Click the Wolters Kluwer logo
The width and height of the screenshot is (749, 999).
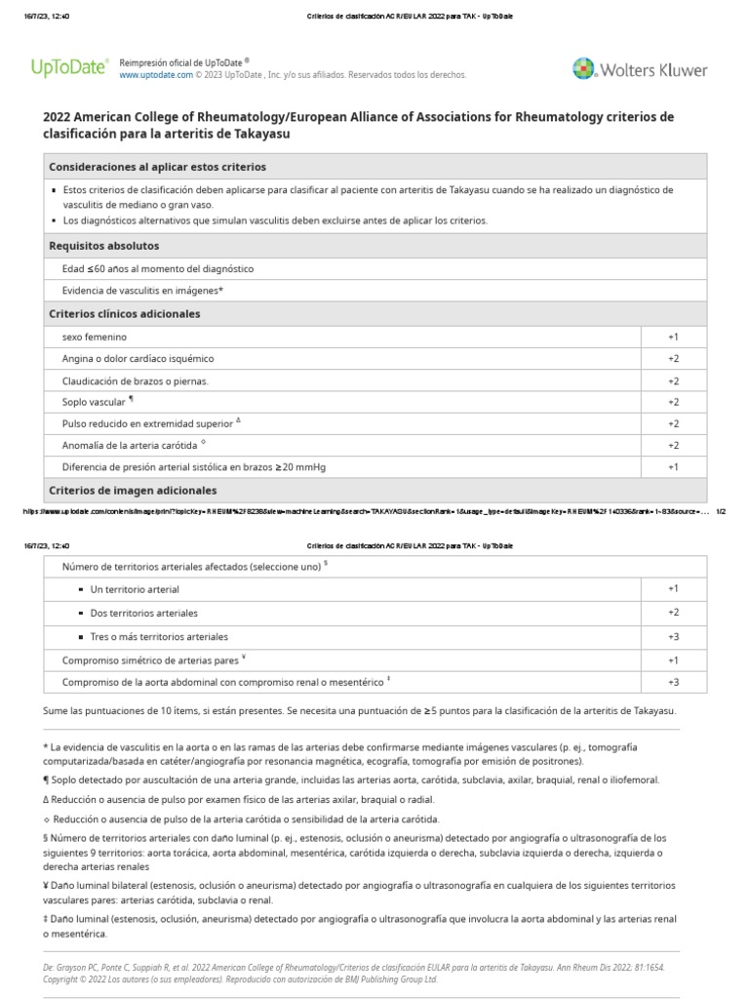[639, 68]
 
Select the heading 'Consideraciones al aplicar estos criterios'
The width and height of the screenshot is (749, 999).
[157, 167]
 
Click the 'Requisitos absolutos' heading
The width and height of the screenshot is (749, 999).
[103, 246]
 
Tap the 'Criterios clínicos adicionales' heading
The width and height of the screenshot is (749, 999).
[124, 314]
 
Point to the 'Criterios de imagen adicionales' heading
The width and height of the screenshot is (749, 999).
[133, 490]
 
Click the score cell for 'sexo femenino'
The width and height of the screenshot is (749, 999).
[673, 337]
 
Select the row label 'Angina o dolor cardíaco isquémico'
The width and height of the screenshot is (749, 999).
[138, 358]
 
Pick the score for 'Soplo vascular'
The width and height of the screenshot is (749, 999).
[673, 402]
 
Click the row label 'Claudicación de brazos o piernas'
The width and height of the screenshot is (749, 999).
[136, 380]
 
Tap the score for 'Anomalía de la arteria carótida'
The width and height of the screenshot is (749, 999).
[673, 446]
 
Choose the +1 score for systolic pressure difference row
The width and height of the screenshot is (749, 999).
[673, 467]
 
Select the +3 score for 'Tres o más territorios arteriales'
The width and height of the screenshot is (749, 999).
[673, 637]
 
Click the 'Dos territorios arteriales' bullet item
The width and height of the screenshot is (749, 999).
[143, 613]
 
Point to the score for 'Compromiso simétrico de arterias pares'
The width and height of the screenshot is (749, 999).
[673, 660]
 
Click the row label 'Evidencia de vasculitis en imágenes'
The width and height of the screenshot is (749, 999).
[142, 291]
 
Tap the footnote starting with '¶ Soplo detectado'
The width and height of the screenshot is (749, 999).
[351, 779]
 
